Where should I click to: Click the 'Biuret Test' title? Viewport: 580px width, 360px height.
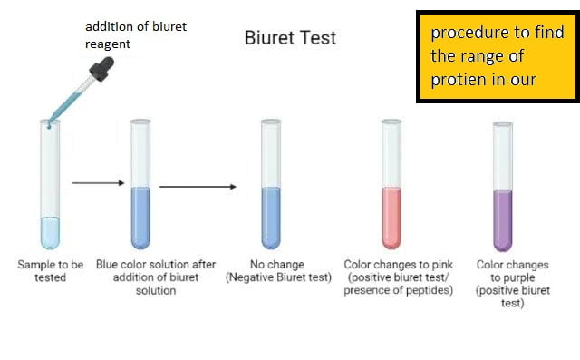coord(290,38)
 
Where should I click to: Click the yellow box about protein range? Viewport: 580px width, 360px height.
coord(497,55)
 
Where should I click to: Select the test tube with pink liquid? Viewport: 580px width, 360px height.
coord(391,185)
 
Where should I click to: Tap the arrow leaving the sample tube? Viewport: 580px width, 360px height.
coord(98,182)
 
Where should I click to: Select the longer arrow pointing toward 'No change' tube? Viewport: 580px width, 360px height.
coord(198,187)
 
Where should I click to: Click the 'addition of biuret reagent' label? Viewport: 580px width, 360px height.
coord(135,34)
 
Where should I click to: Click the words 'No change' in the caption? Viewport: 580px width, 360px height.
coord(276,265)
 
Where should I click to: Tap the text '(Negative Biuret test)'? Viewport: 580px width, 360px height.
coord(277,277)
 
